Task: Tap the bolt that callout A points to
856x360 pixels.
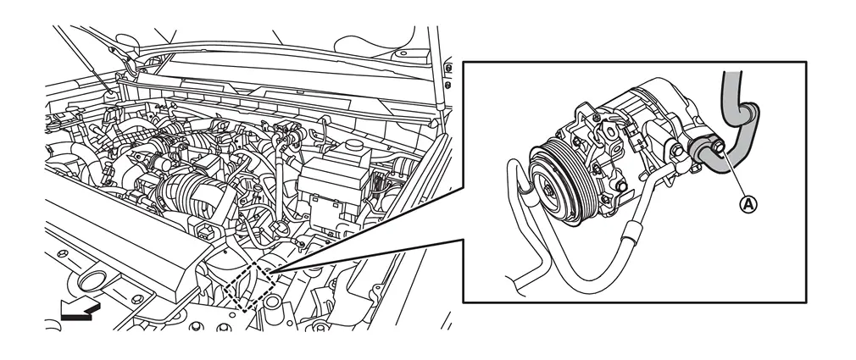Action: point(718,147)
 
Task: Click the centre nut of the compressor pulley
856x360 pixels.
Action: point(549,190)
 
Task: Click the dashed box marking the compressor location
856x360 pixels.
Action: point(249,285)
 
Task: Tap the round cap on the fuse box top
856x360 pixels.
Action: point(354,147)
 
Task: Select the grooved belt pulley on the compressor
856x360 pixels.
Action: point(557,180)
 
